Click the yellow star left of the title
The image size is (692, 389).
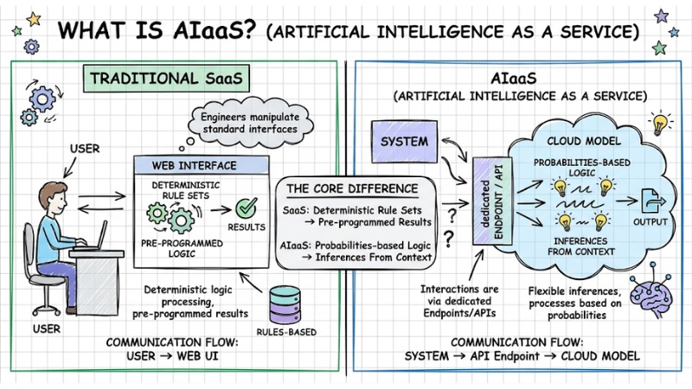coord(35,19)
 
